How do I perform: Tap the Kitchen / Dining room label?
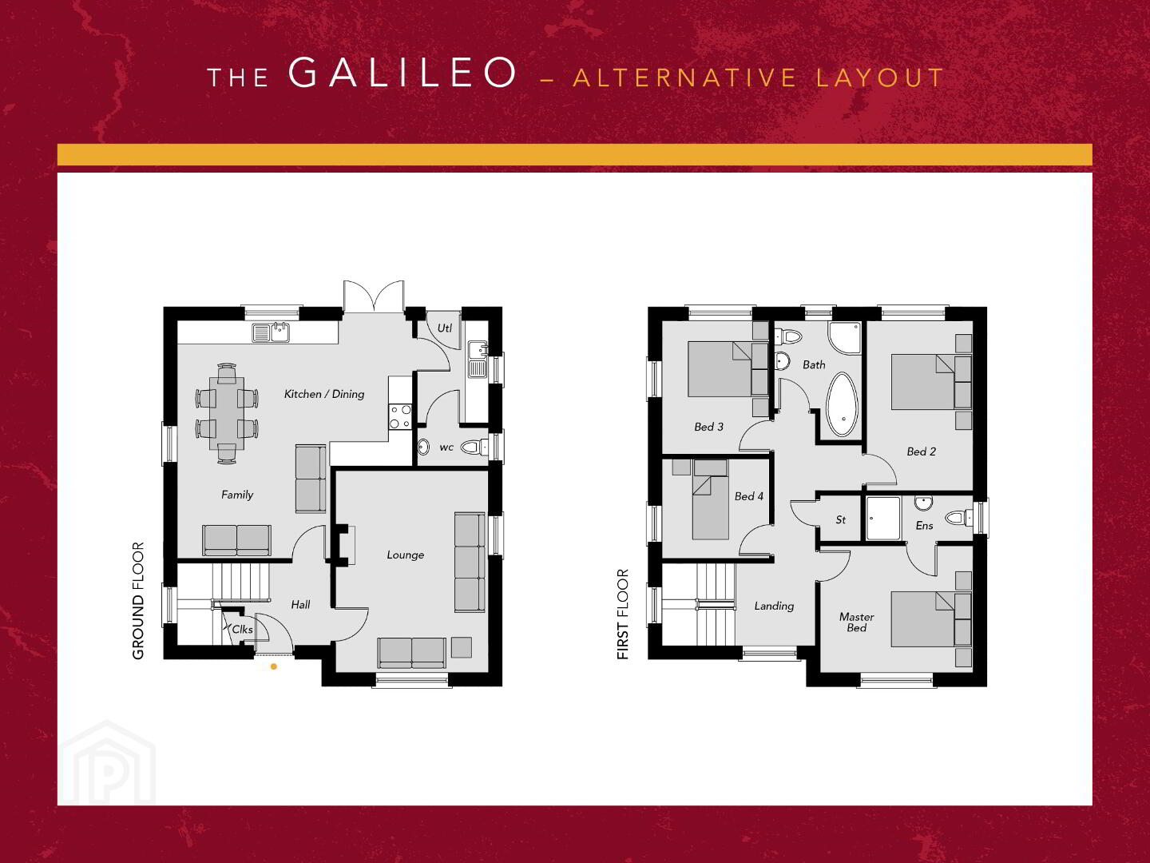[x=323, y=394]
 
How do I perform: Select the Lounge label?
[x=406, y=555]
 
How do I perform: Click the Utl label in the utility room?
[x=444, y=328]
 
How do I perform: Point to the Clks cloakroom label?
[x=242, y=630]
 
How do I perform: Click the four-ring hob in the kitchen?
[x=400, y=417]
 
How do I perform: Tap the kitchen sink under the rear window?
[x=271, y=332]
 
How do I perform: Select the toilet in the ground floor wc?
[x=474, y=447]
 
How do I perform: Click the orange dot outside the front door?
[x=273, y=666]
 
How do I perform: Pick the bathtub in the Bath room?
[x=842, y=404]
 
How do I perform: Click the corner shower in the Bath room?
[x=844, y=339]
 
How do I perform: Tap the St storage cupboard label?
[x=840, y=519]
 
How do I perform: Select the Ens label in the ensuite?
[x=924, y=526]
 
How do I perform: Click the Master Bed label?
[x=857, y=622]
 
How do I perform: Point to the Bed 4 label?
[x=748, y=496]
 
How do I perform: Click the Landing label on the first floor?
[x=774, y=606]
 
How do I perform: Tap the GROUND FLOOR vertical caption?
[x=138, y=600]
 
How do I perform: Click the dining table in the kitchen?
[x=226, y=413]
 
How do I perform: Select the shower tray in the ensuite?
[x=883, y=518]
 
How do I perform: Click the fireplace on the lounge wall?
[x=343, y=546]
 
